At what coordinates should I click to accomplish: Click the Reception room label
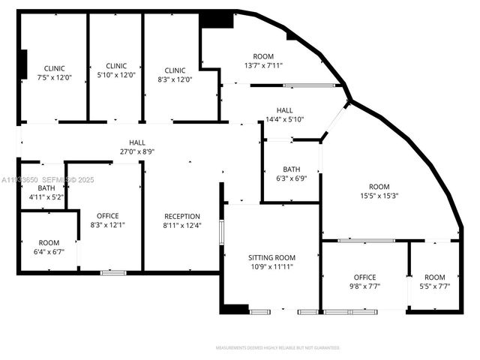point(181,216)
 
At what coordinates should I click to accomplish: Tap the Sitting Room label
point(271,257)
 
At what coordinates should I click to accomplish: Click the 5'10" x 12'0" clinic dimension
point(116,75)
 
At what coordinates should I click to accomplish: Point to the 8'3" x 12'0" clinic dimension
point(175,79)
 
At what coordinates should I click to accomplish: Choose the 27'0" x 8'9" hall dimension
point(137,151)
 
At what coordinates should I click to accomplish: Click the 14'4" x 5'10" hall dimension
point(284,119)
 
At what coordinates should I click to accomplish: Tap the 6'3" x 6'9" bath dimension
point(292,178)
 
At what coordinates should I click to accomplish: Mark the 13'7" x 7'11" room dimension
point(263,65)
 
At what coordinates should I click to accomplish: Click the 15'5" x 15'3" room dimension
point(379,196)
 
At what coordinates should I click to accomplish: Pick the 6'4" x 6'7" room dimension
point(49,252)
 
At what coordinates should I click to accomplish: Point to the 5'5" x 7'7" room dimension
point(434,286)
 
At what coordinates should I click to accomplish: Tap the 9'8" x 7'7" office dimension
point(364,286)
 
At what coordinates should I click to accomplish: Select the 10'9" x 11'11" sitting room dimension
point(271,266)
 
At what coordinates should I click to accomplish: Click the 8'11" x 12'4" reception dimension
point(181,225)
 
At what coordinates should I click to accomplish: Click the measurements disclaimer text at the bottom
point(277,348)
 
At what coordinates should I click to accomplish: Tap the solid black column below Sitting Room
point(234,308)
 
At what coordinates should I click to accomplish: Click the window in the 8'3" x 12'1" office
point(113,273)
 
